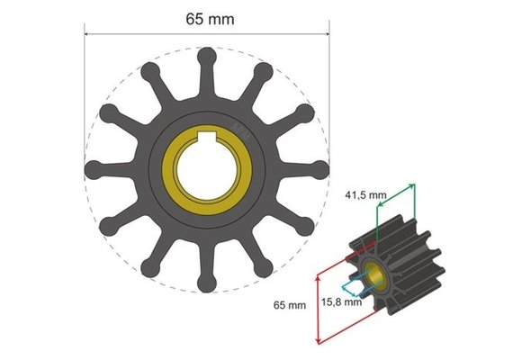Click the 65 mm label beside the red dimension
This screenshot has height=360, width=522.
(x=290, y=306)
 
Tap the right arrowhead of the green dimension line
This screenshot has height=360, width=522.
(x=415, y=184)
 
